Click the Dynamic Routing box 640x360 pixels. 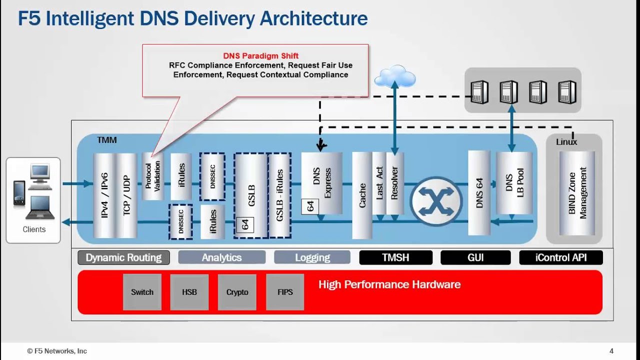(x=123, y=257)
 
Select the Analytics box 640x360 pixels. (x=221, y=257)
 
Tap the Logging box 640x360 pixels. (x=312, y=257)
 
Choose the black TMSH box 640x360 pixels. (x=395, y=257)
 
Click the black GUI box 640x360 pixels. (x=475, y=257)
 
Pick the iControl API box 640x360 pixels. (x=561, y=257)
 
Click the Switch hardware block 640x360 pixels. (x=142, y=292)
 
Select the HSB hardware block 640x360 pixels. (x=189, y=292)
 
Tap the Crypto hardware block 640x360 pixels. (x=237, y=292)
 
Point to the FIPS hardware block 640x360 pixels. (x=285, y=292)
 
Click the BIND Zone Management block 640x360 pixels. (x=577, y=193)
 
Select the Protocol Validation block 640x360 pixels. (x=152, y=176)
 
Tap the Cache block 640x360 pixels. (x=362, y=195)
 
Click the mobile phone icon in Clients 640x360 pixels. (x=18, y=193)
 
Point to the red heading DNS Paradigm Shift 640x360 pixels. (x=260, y=56)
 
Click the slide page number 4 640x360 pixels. (x=611, y=351)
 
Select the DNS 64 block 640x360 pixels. (x=479, y=192)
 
